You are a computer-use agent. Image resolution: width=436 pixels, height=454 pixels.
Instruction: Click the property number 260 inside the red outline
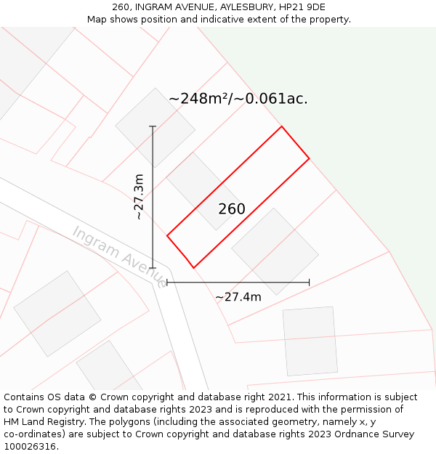pyautogui.click(x=232, y=209)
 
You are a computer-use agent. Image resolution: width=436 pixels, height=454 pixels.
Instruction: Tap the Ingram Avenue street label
pyautogui.click(x=118, y=256)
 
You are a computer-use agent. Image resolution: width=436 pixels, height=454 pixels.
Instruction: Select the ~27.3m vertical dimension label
pyautogui.click(x=138, y=197)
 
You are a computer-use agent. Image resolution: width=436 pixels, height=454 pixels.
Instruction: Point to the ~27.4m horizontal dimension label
pyautogui.click(x=238, y=296)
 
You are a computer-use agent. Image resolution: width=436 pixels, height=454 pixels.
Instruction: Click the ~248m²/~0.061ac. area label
pyautogui.click(x=238, y=99)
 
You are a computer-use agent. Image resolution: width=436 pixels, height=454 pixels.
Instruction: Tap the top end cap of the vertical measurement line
pyautogui.click(x=153, y=126)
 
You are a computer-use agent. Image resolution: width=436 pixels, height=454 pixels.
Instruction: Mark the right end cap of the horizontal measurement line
pyautogui.click(x=310, y=282)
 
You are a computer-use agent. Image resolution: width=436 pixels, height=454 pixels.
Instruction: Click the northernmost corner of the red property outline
pyautogui.click(x=281, y=127)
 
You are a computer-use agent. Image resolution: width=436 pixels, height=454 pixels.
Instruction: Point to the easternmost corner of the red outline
pyautogui.click(x=310, y=158)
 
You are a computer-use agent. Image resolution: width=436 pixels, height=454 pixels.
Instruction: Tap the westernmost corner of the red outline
pyautogui.click(x=167, y=235)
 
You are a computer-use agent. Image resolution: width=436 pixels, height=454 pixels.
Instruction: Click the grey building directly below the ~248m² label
pyautogui.click(x=155, y=127)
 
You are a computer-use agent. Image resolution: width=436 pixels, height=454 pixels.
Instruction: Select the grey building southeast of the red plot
pyautogui.click(x=275, y=251)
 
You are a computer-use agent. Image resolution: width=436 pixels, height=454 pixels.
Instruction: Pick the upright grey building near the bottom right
pyautogui.click(x=310, y=341)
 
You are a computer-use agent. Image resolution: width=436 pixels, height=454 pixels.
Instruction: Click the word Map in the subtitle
pyautogui.click(x=97, y=20)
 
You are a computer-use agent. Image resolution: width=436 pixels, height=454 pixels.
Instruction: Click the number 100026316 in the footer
pyautogui.click(x=31, y=447)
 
